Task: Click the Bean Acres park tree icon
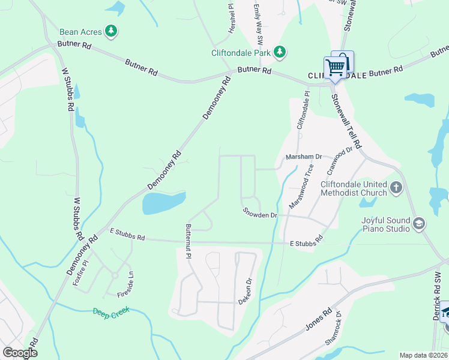click(110, 31)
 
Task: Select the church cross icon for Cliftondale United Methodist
click(396, 188)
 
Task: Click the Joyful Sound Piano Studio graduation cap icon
click(418, 224)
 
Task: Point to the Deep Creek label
click(112, 312)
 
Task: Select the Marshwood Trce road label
click(301, 186)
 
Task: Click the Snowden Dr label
click(259, 212)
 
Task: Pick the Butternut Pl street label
click(188, 241)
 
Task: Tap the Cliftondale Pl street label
click(304, 110)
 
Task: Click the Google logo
click(19, 352)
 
